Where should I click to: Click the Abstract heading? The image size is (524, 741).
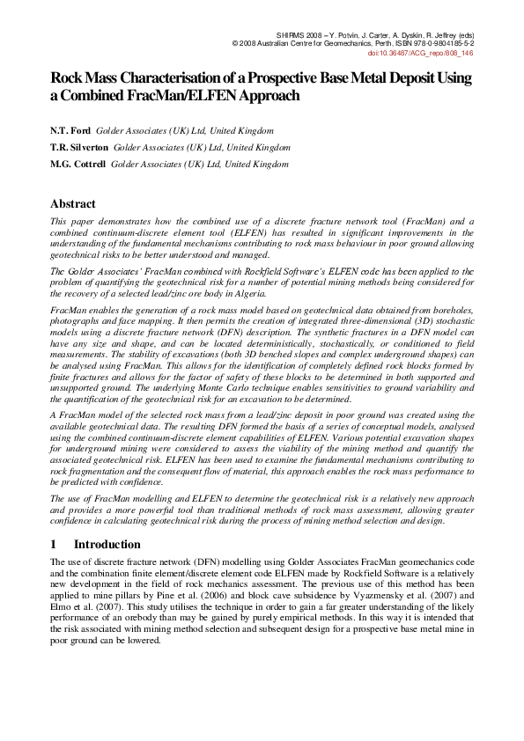pyautogui.click(x=73, y=203)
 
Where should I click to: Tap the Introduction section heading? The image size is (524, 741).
pyautogui.click(x=107, y=544)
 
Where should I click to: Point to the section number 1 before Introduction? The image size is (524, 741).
pyautogui.click(x=54, y=544)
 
